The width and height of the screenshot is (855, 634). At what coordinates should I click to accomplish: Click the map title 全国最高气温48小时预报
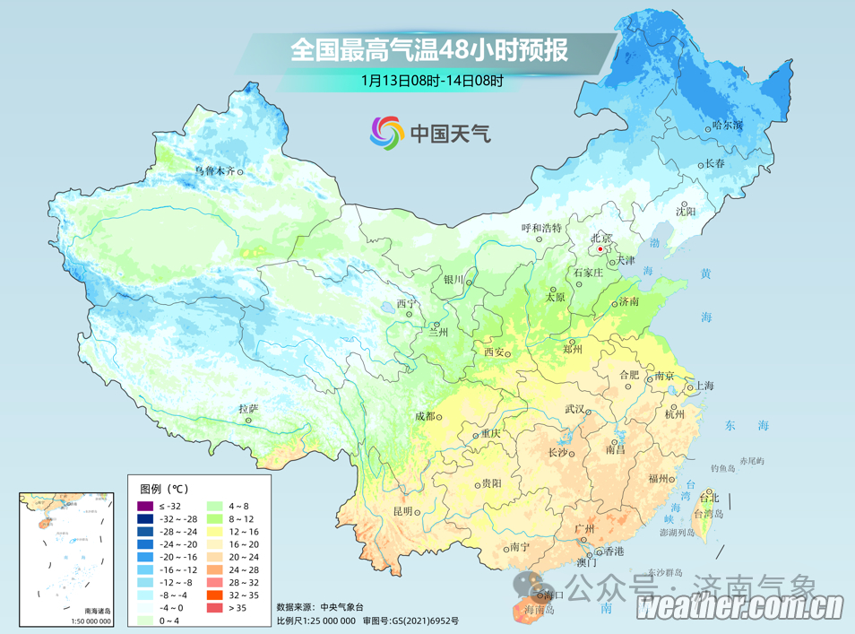pyautogui.click(x=428, y=49)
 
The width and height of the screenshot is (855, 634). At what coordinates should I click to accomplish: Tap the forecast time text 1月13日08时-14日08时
pyautogui.click(x=432, y=81)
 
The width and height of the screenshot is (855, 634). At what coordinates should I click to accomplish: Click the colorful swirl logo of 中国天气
pyautogui.click(x=387, y=134)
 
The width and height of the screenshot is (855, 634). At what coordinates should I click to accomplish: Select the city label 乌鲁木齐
pyautogui.click(x=215, y=170)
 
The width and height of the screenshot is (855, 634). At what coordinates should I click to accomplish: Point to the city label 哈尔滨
pyautogui.click(x=727, y=126)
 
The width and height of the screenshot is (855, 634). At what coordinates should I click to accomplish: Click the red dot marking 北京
pyautogui.click(x=601, y=249)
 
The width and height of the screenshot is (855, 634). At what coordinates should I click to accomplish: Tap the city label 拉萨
pyautogui.click(x=248, y=409)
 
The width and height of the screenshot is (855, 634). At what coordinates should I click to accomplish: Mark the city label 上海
pyautogui.click(x=704, y=386)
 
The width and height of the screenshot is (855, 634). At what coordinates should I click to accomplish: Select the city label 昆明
pyautogui.click(x=404, y=511)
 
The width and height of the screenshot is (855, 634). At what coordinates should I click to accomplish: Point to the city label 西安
pyautogui.click(x=494, y=352)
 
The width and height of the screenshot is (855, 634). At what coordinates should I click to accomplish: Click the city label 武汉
pyautogui.click(x=574, y=410)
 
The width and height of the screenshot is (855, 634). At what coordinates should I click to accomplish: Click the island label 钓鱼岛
pyautogui.click(x=722, y=468)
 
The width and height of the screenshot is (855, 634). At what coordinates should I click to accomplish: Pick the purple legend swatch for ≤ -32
pyautogui.click(x=145, y=507)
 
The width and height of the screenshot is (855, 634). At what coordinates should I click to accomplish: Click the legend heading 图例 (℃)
pyautogui.click(x=164, y=489)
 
